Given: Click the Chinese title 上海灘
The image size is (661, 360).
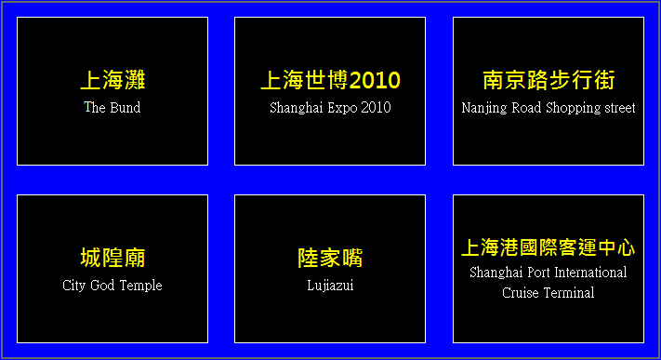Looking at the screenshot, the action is click(x=112, y=80).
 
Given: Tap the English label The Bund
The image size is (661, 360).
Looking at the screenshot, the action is click(x=112, y=107).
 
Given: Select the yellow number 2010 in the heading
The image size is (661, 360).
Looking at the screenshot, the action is click(x=375, y=80).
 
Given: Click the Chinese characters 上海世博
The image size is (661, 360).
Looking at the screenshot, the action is click(x=304, y=80).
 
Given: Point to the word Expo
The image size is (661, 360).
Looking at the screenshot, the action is click(x=342, y=108).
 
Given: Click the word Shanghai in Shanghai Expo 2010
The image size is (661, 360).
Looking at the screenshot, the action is click(x=296, y=108).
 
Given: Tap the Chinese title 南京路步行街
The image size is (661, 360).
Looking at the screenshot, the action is click(x=549, y=80).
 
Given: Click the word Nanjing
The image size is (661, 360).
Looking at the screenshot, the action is click(x=484, y=108).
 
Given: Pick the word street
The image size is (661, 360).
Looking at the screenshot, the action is click(x=620, y=108).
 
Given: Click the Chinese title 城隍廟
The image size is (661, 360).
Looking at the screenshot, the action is click(x=112, y=258).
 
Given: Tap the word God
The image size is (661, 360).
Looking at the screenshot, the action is click(x=102, y=286).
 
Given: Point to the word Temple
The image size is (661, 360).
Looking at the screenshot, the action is click(x=140, y=286).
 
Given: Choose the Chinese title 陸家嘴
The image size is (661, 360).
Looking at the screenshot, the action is click(x=330, y=258).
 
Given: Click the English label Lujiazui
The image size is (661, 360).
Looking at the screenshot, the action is click(x=330, y=286).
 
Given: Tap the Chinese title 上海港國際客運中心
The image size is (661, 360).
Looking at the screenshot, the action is click(x=548, y=247).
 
